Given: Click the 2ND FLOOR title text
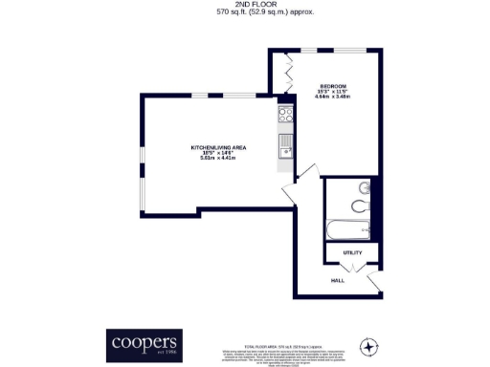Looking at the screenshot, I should tap(244, 4).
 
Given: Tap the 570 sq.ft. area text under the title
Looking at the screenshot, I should tap(244, 13).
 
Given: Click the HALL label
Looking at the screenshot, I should tap(337, 281).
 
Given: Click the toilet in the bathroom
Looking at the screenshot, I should tap(359, 205).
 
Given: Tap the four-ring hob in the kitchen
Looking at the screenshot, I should tap(284, 117).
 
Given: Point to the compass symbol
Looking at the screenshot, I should tap(370, 345).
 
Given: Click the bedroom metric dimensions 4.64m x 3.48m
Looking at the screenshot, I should tap(333, 97).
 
